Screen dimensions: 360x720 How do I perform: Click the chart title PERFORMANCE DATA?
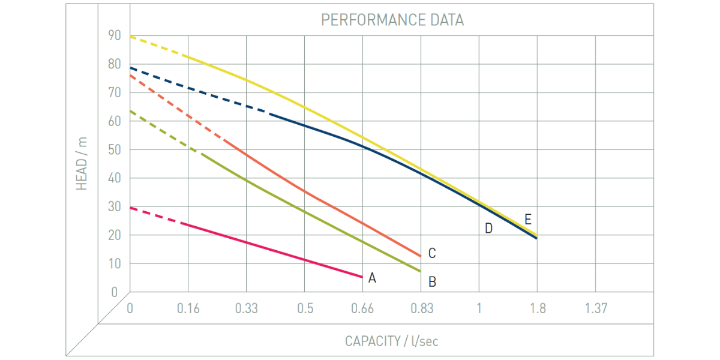(x=392, y=20)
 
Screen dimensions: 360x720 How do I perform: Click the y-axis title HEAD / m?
(x=82, y=163)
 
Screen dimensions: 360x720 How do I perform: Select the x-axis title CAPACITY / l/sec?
(x=391, y=341)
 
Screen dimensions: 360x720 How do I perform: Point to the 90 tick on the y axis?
(x=114, y=35)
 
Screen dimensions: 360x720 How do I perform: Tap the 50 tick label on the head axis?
(x=114, y=149)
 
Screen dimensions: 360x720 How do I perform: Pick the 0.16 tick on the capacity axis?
(x=188, y=308)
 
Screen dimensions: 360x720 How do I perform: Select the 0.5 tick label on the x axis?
(x=305, y=308)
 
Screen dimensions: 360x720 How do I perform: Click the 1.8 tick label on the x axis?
(x=538, y=308)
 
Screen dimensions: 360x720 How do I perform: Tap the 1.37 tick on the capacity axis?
(x=596, y=308)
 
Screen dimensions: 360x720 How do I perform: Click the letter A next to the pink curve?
(x=372, y=278)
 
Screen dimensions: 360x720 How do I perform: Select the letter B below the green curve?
(x=431, y=281)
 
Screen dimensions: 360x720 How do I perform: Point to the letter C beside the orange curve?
(x=431, y=254)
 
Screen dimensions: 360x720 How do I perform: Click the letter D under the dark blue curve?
(x=488, y=228)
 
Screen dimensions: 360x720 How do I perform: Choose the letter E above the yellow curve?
(x=527, y=219)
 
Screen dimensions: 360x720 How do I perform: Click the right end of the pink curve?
(x=362, y=277)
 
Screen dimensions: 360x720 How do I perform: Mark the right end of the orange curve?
(x=421, y=256)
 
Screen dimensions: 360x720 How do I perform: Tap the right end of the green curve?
(x=421, y=271)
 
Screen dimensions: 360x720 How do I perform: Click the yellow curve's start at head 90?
(x=131, y=37)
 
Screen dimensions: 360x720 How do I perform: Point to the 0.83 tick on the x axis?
(x=422, y=308)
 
